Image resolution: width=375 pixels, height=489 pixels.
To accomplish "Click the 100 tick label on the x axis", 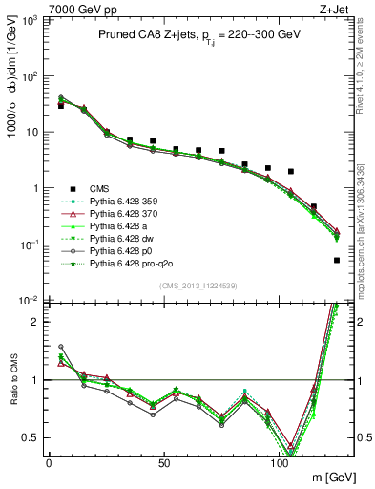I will (280, 465).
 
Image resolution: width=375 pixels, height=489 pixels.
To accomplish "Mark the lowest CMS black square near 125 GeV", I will (337, 260).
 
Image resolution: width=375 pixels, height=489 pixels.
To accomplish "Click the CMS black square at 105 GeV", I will (291, 171).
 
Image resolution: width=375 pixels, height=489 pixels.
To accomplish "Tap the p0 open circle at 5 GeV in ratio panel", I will (61, 347).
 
